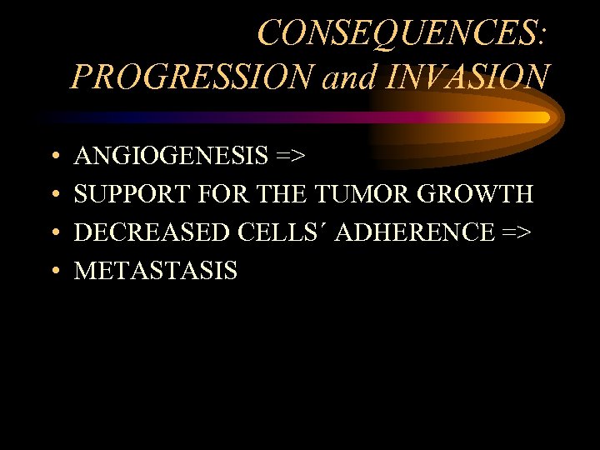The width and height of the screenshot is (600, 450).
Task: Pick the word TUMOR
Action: [358, 194]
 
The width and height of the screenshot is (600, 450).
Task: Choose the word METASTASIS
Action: [156, 271]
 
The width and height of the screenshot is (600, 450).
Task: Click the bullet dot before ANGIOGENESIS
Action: [52, 157]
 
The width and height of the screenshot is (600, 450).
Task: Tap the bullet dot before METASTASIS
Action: [52, 272]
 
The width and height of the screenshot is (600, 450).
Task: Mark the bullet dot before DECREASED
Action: [52, 233]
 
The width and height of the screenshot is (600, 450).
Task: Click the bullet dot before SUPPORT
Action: [52, 195]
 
